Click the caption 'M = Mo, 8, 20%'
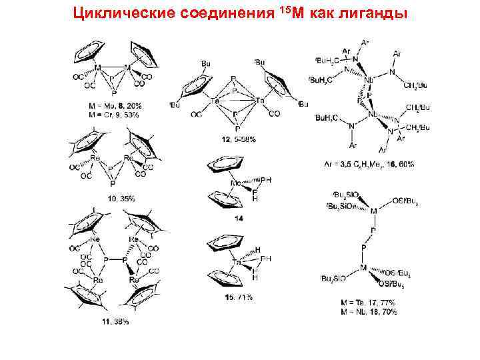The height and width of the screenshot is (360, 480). [x=115, y=105]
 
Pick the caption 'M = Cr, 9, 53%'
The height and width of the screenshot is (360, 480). [x=115, y=114]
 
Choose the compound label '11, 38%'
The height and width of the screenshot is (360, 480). [x=115, y=321]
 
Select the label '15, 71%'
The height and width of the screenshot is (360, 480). [x=238, y=297]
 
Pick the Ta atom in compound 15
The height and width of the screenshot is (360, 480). [x=235, y=262]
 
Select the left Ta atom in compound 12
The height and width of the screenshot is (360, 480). [x=216, y=101]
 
